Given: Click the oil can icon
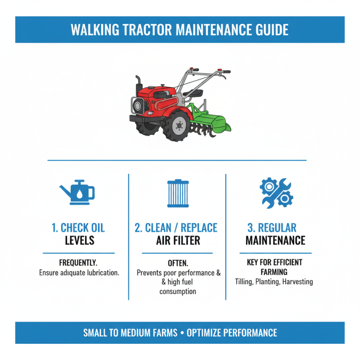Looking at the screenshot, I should click(77, 192).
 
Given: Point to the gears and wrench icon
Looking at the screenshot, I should click(276, 192).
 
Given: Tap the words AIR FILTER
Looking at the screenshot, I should click(178, 240).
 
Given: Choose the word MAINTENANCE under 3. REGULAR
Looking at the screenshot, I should click(275, 240).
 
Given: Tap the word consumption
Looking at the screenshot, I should click(178, 292).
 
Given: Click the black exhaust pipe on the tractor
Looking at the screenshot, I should click(138, 85).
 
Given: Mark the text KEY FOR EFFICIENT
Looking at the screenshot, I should click(274, 262).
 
